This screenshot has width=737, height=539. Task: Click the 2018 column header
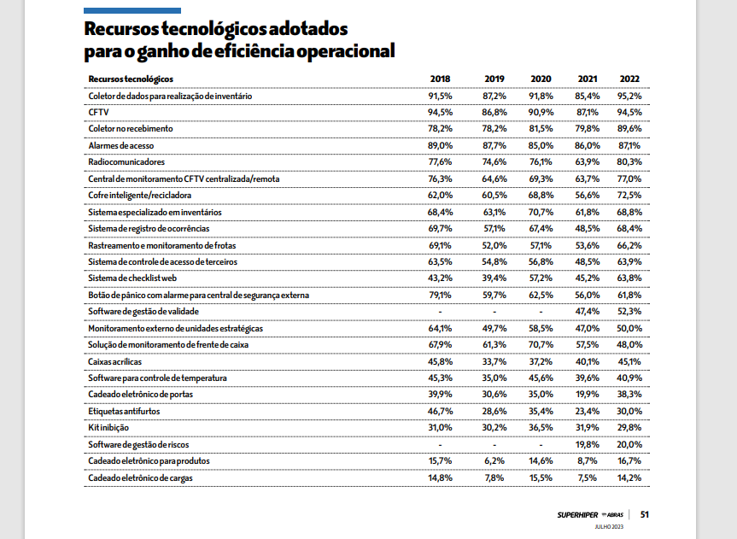[440, 79]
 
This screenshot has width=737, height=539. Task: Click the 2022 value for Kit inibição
[629, 428]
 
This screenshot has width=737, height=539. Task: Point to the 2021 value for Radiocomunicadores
[587, 162]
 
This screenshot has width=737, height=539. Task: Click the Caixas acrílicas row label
[115, 361]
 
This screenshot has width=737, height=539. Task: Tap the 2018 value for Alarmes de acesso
[440, 146]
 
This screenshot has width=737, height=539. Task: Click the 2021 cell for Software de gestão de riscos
[587, 444]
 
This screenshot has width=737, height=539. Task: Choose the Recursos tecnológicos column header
[131, 79]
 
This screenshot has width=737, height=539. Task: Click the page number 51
[646, 514]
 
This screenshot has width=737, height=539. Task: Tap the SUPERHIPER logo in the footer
[578, 514]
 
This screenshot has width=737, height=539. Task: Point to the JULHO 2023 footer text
[610, 527]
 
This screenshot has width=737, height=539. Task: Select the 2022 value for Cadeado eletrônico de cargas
[629, 477]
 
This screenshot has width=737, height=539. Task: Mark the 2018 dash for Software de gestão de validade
[440, 312]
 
